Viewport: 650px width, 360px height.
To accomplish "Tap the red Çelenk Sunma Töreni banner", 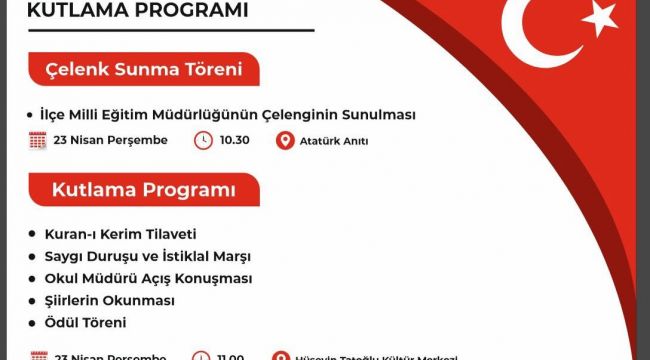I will point(145,70).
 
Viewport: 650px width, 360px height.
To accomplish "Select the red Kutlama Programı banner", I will point(145,189).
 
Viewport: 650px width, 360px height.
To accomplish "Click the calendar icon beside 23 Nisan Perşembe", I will point(38,141).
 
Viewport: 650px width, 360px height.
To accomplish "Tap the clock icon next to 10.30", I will point(202,141).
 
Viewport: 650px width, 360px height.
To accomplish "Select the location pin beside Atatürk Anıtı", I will point(284,141).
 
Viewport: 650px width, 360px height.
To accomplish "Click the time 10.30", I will point(234,141).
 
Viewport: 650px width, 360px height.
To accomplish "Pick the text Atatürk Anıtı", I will point(334,141).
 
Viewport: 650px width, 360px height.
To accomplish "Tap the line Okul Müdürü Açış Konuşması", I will point(148,278).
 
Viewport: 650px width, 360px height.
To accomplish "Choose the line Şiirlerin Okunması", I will point(110,301).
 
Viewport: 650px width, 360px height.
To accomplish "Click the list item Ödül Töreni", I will point(85,323).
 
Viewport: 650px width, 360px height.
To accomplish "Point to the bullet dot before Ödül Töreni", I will point(35,323).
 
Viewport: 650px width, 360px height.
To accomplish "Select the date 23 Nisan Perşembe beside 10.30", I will point(111,141).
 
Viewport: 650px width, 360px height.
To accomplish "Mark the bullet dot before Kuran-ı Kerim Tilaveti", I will point(35,234).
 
